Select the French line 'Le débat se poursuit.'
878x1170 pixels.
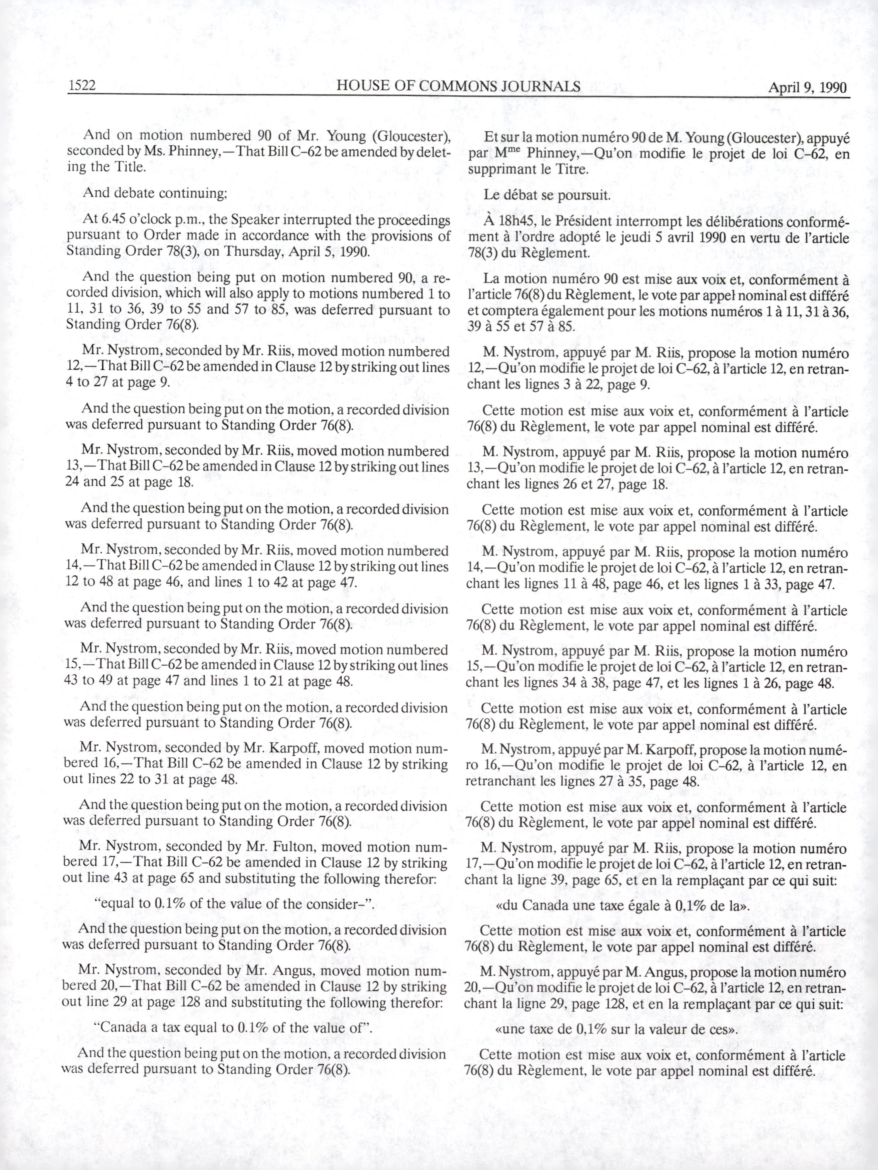pyautogui.click(x=547, y=195)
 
